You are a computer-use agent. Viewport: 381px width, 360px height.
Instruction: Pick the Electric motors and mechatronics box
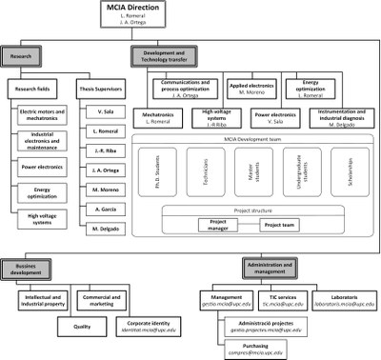42,117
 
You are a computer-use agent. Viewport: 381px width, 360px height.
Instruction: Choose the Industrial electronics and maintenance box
42,145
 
